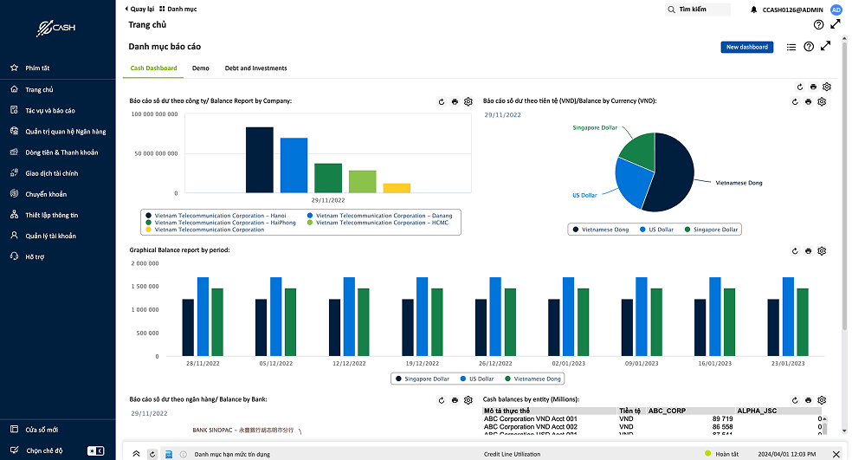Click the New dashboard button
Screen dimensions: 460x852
[746, 47]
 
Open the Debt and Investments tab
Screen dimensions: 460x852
[255, 68]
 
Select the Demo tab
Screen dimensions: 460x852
[201, 68]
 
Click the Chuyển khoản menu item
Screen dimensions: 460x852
[46, 194]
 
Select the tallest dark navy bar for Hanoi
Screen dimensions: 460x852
[260, 160]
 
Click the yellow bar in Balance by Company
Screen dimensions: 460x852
[397, 187]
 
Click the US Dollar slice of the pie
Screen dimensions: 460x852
[632, 184]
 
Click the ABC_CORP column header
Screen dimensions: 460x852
[667, 411]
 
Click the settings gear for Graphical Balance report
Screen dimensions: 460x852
[822, 251]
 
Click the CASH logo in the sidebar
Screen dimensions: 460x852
[56, 29]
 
